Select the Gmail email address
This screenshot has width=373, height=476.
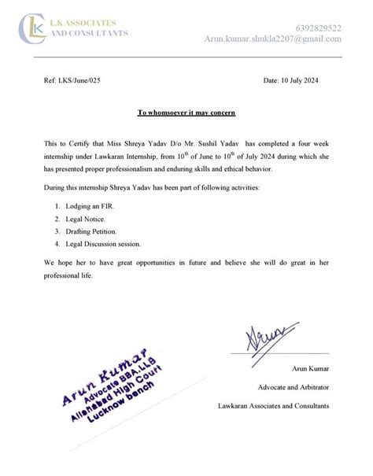[x=272, y=39]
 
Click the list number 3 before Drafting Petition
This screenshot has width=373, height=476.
[x=57, y=231]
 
